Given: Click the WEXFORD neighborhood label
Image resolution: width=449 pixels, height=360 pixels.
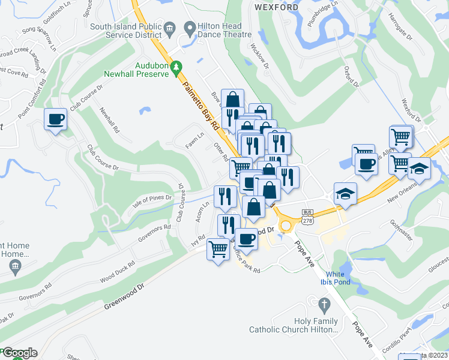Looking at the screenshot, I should (277, 7).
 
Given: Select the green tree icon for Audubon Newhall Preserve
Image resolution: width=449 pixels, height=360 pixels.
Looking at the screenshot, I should (177, 69).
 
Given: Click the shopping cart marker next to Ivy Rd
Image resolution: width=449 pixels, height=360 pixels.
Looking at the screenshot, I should (218, 248).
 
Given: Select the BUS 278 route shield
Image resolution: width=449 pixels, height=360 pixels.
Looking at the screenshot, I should (308, 217).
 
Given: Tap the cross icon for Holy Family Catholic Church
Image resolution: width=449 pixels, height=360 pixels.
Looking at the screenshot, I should (325, 304).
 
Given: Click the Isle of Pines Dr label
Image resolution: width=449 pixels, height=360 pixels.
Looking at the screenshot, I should (152, 197).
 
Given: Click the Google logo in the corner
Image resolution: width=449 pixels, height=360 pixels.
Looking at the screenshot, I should (20, 353).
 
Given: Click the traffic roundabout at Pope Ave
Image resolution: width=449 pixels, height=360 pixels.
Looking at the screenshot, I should (285, 226).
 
